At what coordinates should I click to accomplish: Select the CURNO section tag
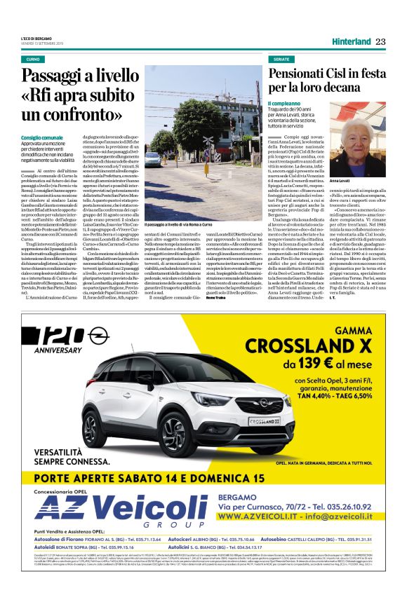[x=33, y=60]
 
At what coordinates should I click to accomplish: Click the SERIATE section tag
[x=282, y=60]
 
